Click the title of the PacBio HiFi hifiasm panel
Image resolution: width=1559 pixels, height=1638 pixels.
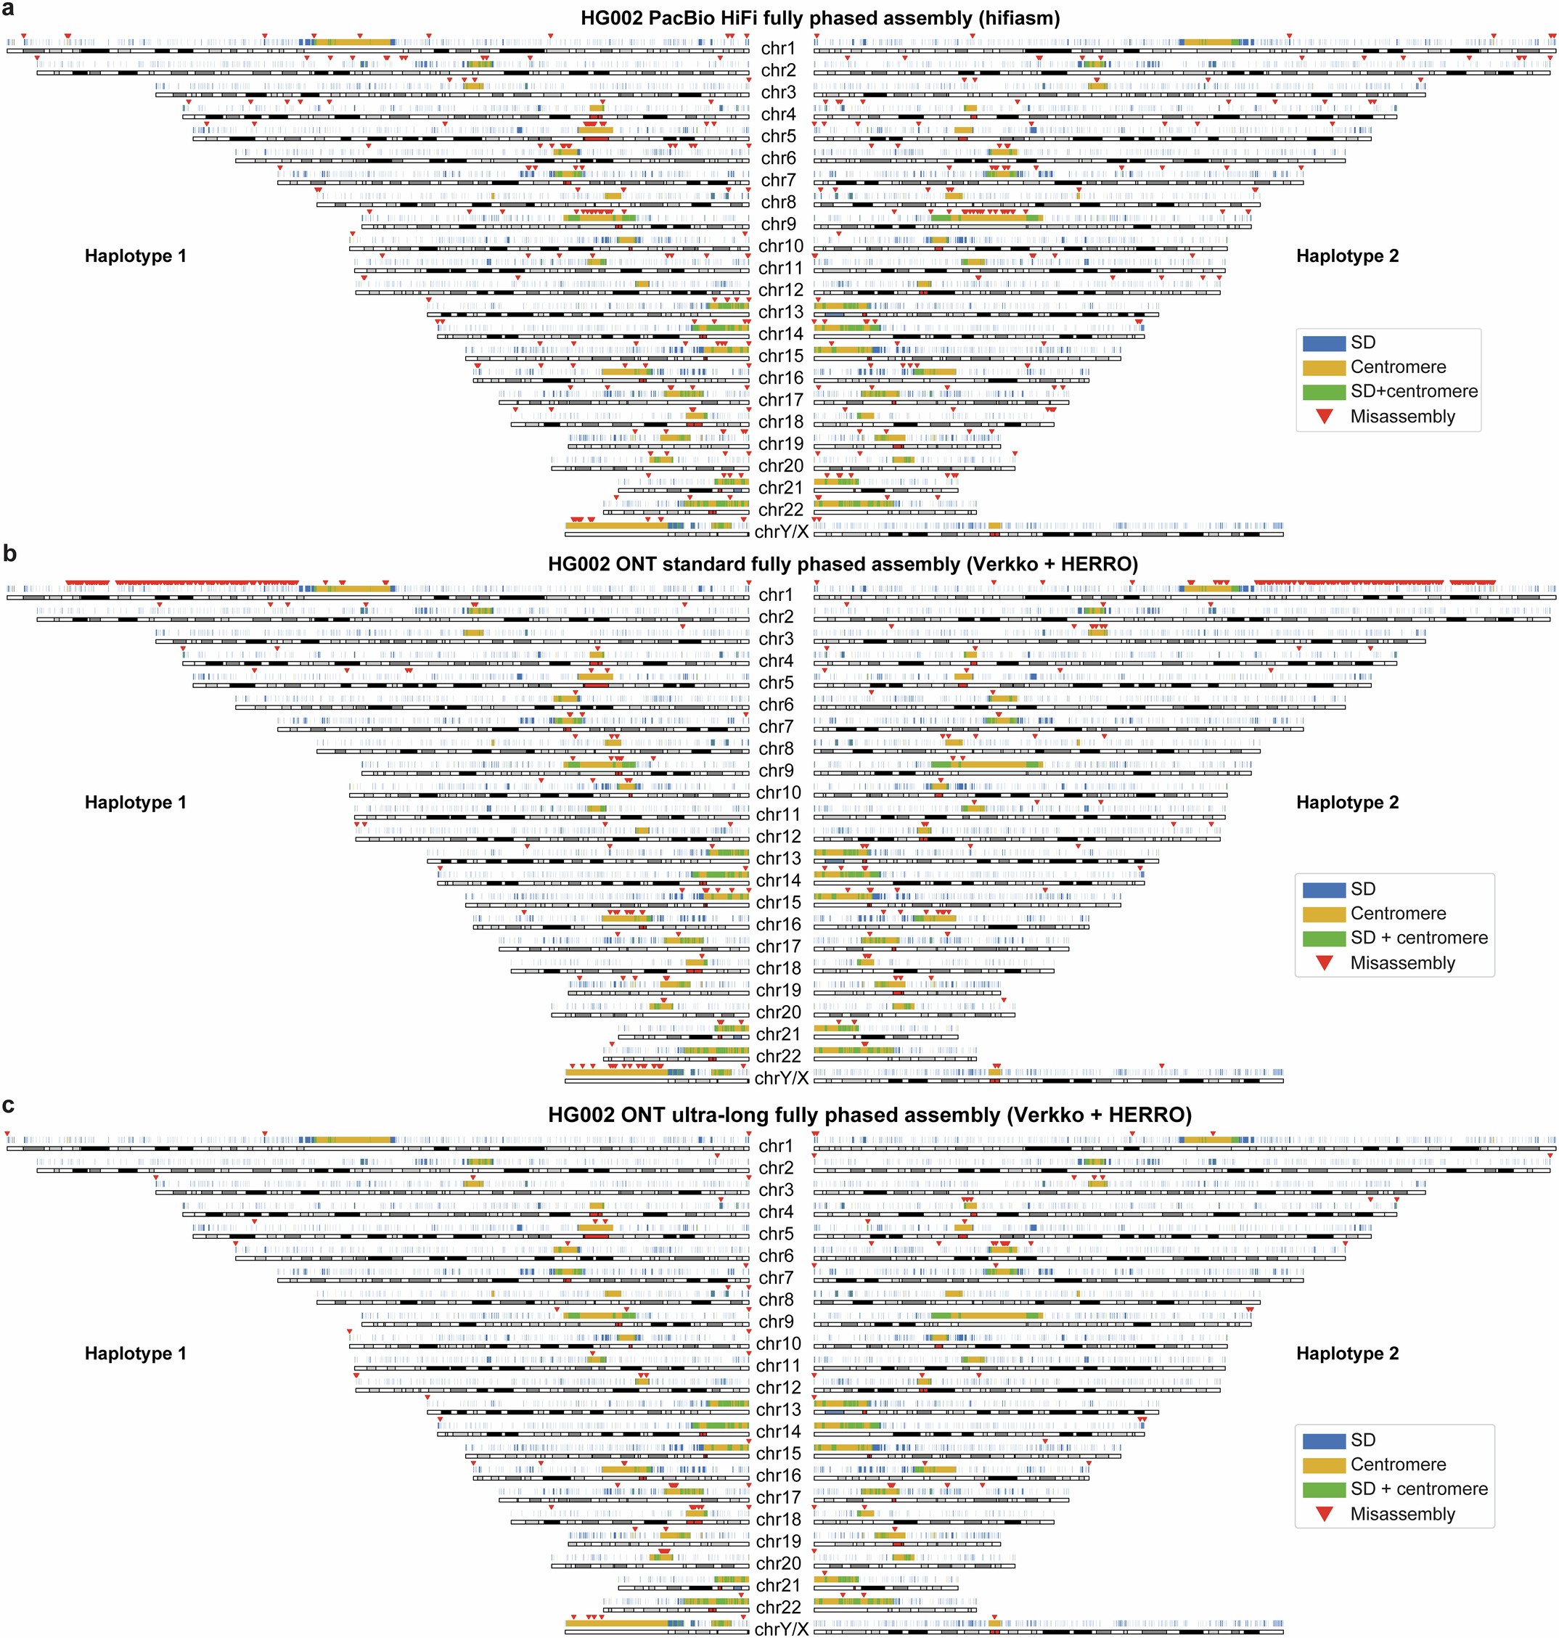pos(819,18)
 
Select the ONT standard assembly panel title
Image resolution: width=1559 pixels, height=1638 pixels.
pos(842,565)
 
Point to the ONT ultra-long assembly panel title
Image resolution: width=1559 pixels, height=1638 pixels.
pos(869,1115)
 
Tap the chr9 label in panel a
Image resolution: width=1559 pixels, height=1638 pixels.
pos(778,224)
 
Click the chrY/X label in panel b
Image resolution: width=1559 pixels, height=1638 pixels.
pos(781,1078)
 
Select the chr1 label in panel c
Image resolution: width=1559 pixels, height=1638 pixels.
pos(775,1146)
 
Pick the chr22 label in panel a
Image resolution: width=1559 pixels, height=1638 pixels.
pos(780,509)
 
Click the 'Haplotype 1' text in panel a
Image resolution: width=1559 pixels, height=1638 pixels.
pos(136,256)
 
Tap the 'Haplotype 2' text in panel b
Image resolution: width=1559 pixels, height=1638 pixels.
pos(1347,802)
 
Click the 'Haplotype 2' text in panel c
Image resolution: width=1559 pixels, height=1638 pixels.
pos(1347,1353)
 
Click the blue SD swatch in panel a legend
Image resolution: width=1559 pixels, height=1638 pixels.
pos(1323,343)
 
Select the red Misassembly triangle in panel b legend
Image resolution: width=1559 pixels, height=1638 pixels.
pos(1325,962)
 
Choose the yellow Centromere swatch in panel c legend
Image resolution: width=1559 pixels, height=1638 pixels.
pos(1323,1465)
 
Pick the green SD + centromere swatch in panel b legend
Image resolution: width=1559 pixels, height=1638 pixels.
pos(1323,938)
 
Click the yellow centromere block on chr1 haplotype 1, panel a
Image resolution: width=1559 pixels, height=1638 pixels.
pos(353,41)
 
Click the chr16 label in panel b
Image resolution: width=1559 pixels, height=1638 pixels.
pos(778,924)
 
